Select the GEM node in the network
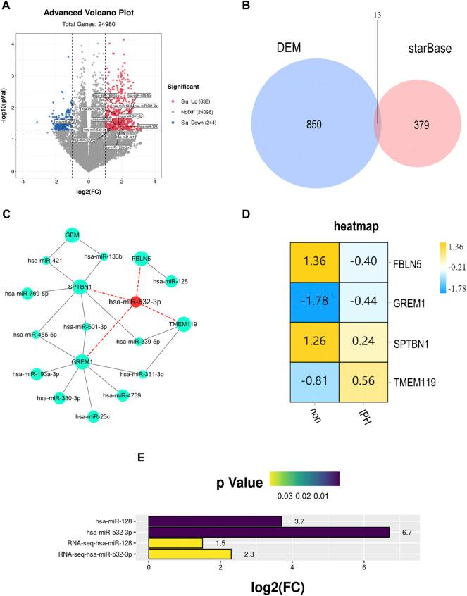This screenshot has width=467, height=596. (71, 235)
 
